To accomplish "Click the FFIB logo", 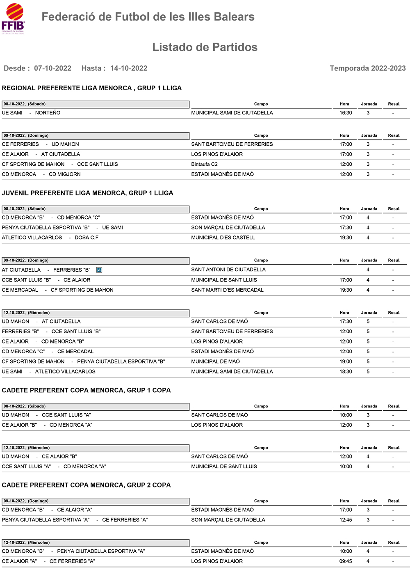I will pos(14,18).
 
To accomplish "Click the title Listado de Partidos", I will pos(205,47).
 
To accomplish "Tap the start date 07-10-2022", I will pos(52,68).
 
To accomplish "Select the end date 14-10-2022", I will pos(129,68).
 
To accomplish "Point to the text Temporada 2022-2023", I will pos(367,68).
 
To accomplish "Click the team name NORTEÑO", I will pos(48,113).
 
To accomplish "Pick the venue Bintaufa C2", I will pos(204,164).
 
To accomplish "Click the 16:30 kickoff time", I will pos(346,113).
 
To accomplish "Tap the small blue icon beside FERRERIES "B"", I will pos(99,270).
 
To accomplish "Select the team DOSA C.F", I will pos(87,238).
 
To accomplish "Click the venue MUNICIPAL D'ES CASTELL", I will pos(223,238).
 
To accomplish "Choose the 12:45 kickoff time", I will pos(346,520).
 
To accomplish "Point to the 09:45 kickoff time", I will pos(346,561).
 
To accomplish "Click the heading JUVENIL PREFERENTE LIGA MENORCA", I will pos(87,193).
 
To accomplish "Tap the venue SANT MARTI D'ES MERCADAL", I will pos(227,290).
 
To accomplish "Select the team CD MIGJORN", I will pos(65,174).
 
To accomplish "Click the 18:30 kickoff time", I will pos(346,372).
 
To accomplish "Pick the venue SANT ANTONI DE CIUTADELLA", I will pos(228,270).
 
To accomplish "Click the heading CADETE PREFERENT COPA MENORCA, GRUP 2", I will pos(86,485).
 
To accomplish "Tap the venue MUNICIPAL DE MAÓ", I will pos(215,362).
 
